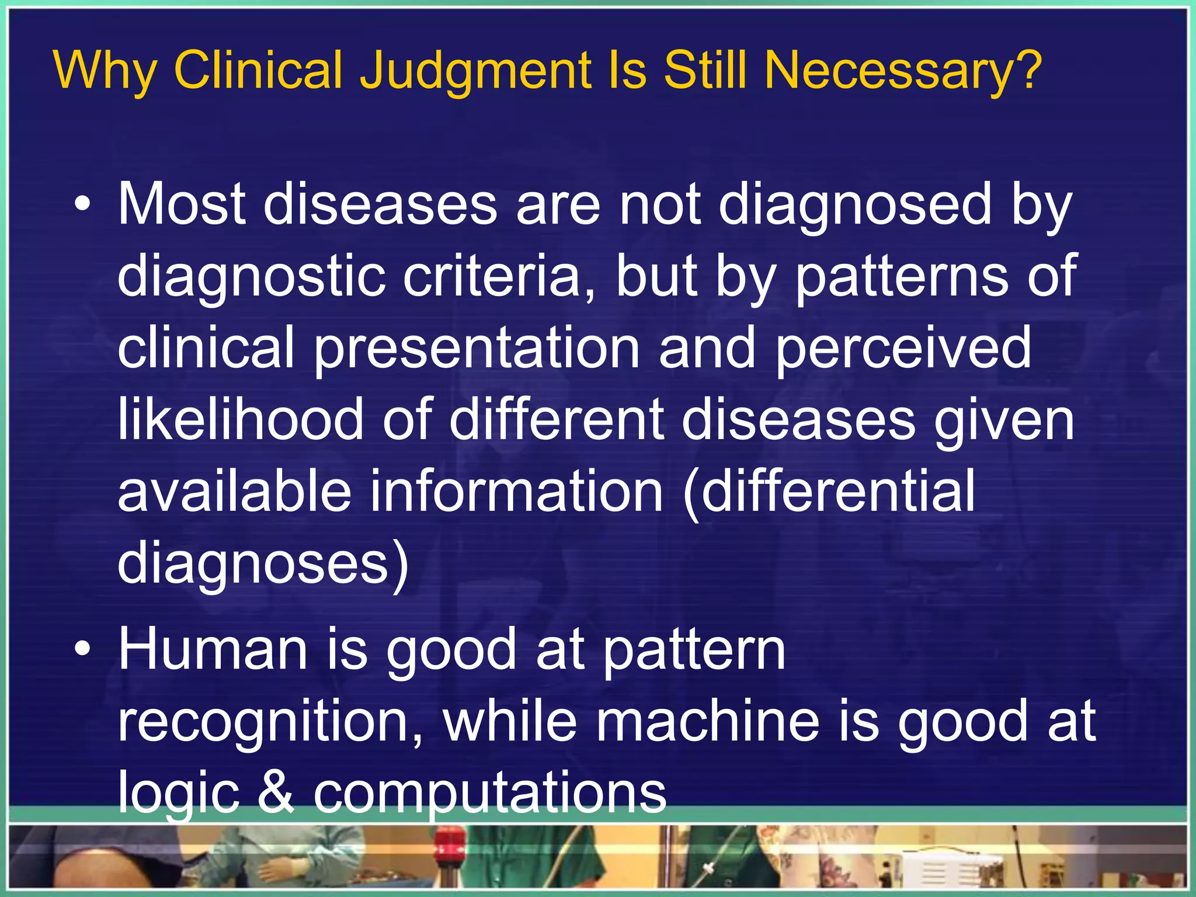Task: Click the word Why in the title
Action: point(105,72)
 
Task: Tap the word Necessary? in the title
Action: point(903,72)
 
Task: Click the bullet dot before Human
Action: point(83,650)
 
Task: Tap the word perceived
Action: point(903,349)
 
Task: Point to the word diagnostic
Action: point(251,277)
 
